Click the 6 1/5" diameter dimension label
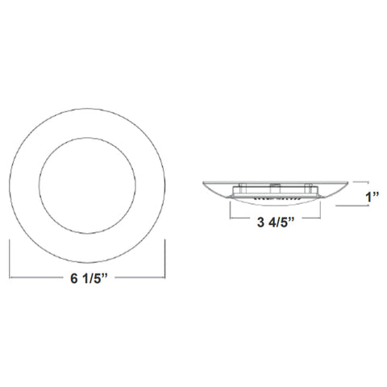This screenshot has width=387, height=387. (x=89, y=278)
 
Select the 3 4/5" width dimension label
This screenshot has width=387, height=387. (x=276, y=222)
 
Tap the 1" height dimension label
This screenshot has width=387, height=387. (x=372, y=197)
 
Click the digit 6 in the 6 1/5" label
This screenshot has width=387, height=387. (x=73, y=278)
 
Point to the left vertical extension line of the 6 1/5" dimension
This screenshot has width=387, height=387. (x=10, y=259)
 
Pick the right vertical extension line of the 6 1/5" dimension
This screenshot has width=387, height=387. (x=164, y=259)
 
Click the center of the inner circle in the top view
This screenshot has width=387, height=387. (x=87, y=185)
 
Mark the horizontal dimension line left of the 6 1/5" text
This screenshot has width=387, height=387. (x=35, y=277)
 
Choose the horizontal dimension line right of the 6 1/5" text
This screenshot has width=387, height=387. (x=140, y=277)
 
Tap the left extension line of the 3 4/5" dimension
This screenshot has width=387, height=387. (x=230, y=210)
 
